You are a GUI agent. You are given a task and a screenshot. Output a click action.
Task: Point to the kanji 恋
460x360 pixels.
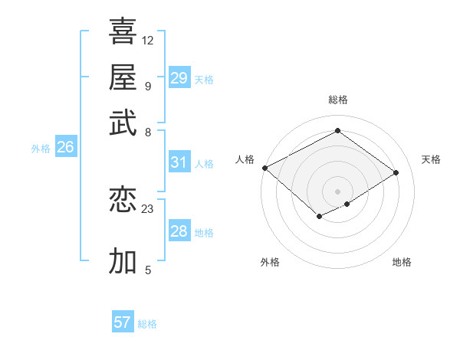point(123,201)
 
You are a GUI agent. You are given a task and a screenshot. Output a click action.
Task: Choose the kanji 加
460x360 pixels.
point(123,261)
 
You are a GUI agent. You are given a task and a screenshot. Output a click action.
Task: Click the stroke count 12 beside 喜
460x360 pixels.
point(148,40)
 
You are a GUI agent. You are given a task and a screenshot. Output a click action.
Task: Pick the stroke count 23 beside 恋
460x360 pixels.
point(148,208)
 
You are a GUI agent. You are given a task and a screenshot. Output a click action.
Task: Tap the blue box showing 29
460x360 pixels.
point(179,78)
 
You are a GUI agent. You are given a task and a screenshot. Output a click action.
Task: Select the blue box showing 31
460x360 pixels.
point(179,162)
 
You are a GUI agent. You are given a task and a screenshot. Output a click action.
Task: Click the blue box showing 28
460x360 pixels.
point(179,231)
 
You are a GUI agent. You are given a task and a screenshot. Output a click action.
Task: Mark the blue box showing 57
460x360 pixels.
point(123,322)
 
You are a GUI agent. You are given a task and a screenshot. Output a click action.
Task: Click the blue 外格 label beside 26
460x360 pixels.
point(41,149)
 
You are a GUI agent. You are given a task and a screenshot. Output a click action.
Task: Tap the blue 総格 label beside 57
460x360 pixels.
point(147,324)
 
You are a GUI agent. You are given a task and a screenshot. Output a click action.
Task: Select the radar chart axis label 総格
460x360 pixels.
point(337,100)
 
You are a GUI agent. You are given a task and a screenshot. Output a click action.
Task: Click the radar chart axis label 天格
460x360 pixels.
point(431,159)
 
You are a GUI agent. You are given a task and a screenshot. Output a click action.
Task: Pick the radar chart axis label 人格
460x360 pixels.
point(245,159)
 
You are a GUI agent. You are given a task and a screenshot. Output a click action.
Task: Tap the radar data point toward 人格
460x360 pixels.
point(264,168)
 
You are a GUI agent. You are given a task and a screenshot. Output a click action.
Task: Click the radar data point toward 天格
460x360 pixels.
point(396,172)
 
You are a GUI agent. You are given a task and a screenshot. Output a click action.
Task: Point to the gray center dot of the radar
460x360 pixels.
point(337,191)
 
